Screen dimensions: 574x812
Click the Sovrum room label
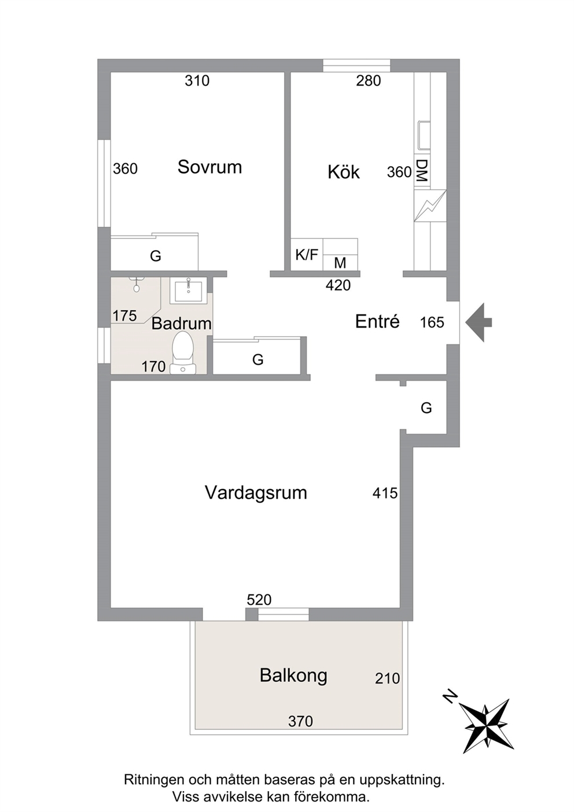coord(209,167)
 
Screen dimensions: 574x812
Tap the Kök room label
coord(344,172)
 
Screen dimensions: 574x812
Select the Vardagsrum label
coord(256,493)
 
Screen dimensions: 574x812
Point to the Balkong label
coord(293,676)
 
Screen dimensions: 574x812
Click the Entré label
coord(377,321)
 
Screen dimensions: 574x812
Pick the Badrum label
coord(181,324)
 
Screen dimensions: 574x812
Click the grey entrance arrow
coord(479,322)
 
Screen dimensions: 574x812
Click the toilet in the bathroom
coord(183,353)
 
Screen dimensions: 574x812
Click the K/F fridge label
coord(307,255)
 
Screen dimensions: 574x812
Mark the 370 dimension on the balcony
coord(300,721)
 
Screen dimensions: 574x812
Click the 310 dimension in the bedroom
coord(197,80)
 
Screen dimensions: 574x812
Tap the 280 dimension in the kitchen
coord(368,80)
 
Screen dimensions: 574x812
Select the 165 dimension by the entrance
coord(432,322)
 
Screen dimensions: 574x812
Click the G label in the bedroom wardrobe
coord(156,256)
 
